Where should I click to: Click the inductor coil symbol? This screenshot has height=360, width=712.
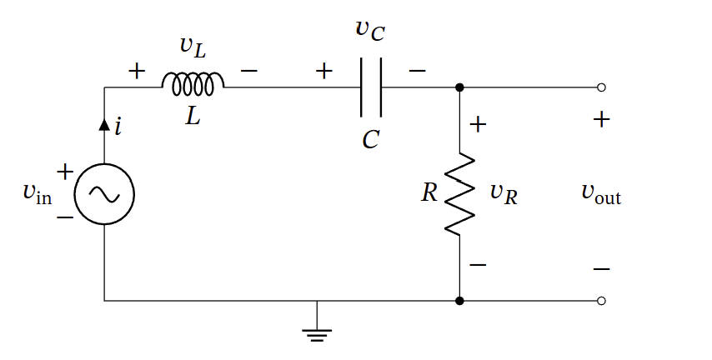pos(193,82)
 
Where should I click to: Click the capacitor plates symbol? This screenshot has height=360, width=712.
pos(371,87)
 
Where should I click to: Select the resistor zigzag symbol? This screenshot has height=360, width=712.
pos(459,194)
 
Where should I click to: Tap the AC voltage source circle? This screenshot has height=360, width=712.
pos(104,194)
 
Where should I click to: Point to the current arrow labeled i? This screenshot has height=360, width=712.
pos(105,125)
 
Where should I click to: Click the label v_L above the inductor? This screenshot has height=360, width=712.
pos(193,47)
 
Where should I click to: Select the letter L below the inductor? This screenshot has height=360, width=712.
pos(193,117)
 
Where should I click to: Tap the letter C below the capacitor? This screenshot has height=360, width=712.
pos(371,140)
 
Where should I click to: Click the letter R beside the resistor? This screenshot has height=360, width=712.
pos(429,193)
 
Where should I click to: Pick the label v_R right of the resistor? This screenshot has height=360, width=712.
pos(503,194)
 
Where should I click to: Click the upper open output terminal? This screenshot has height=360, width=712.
pos(601,87)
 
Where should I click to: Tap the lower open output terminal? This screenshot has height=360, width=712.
pos(601,300)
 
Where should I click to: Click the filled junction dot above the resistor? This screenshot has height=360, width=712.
pos(459,87)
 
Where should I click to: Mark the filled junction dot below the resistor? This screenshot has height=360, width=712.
pos(459,300)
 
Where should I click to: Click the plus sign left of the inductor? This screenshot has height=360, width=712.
pos(137,72)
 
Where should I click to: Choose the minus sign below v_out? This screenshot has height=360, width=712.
pos(601,269)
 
